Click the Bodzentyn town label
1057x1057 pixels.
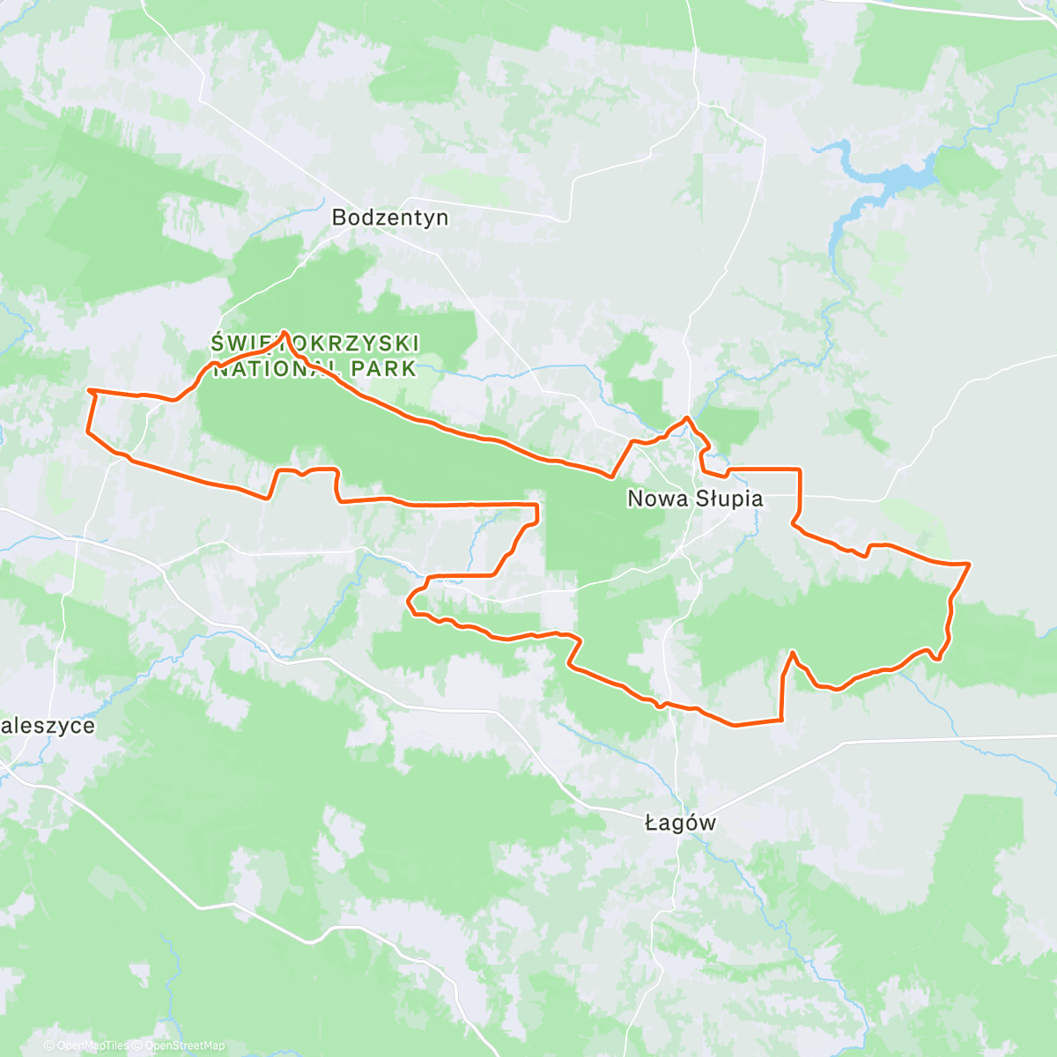[389, 218]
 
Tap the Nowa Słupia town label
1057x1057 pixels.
[694, 499]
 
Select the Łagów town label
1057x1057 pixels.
[680, 824]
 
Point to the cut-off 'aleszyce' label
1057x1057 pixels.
[48, 726]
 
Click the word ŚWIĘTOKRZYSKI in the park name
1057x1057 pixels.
[314, 344]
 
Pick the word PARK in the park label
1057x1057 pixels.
[384, 369]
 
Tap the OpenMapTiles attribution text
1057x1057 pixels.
[92, 1046]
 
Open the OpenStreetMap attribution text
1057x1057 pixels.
[184, 1046]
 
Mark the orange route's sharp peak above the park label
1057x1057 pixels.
[285, 333]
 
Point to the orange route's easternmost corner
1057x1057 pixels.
[969, 563]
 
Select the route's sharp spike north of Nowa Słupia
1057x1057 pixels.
[687, 418]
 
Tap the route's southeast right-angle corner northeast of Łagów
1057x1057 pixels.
[781, 720]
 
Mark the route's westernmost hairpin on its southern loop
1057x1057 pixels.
[409, 602]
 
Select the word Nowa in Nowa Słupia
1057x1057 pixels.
[655, 499]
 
